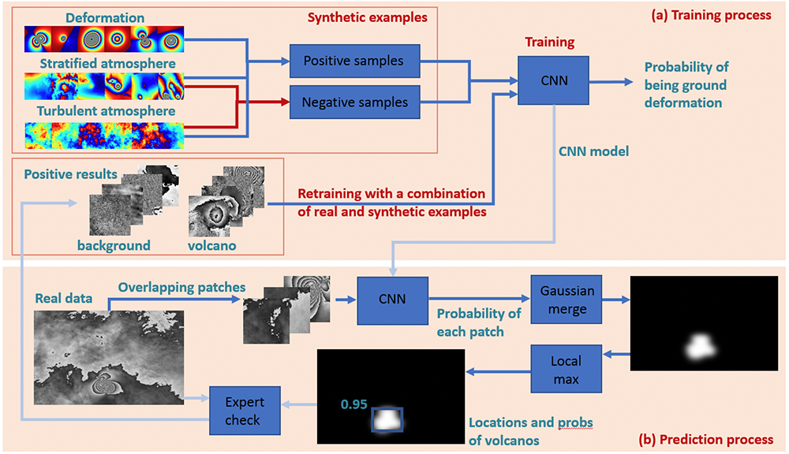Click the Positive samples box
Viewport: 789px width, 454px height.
(x=355, y=61)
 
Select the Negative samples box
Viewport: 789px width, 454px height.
(x=355, y=102)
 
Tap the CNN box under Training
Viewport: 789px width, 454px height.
(x=554, y=80)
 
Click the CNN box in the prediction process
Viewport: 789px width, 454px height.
(x=392, y=300)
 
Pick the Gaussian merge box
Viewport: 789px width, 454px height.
(x=567, y=300)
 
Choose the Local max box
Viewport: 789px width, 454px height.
(x=567, y=369)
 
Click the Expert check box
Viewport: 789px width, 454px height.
(x=245, y=411)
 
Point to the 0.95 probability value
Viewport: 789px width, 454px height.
(x=353, y=404)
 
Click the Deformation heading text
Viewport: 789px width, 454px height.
(x=105, y=18)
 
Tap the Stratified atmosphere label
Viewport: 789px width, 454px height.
(x=107, y=63)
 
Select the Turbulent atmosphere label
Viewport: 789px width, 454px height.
(x=107, y=110)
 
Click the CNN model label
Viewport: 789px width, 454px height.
(x=594, y=151)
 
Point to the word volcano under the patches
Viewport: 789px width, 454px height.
(x=211, y=245)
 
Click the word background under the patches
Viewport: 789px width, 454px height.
(x=114, y=245)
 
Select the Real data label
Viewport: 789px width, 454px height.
(x=64, y=299)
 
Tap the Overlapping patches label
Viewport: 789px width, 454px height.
(x=181, y=288)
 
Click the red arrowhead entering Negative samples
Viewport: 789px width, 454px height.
(x=286, y=102)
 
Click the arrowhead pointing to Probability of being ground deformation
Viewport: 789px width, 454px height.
(x=629, y=81)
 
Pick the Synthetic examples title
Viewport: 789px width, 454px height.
(x=368, y=17)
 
